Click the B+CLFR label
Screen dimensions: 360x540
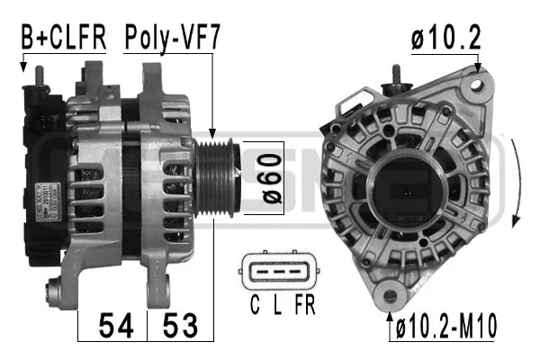click(63, 38)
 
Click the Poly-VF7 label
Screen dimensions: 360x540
click(172, 38)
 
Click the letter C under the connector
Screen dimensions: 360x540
click(255, 307)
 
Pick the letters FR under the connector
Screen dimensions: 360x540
click(304, 307)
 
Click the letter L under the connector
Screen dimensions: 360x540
click(278, 307)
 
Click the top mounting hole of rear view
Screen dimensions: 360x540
click(467, 85)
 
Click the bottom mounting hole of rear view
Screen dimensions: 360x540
click(389, 294)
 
